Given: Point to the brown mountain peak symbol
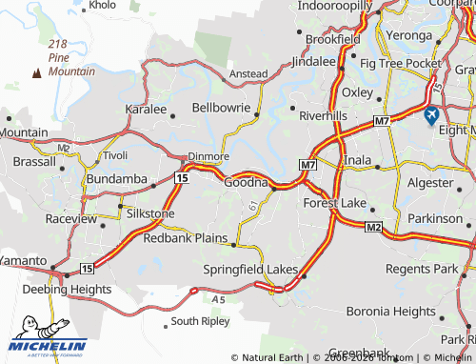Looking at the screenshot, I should (x=38, y=71).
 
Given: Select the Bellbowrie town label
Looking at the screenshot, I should (x=224, y=109).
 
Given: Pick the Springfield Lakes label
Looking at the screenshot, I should (x=250, y=270).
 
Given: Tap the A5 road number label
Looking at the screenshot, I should (x=219, y=299).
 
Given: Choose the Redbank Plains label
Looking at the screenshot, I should (x=185, y=237).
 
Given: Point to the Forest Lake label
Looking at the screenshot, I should (x=334, y=203).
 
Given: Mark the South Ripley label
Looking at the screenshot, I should (x=200, y=321).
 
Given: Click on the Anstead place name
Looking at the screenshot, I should (x=249, y=73).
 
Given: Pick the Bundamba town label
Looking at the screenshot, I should (x=114, y=178).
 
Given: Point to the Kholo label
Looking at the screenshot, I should (x=102, y=6).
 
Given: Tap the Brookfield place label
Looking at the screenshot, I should (x=332, y=39).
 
